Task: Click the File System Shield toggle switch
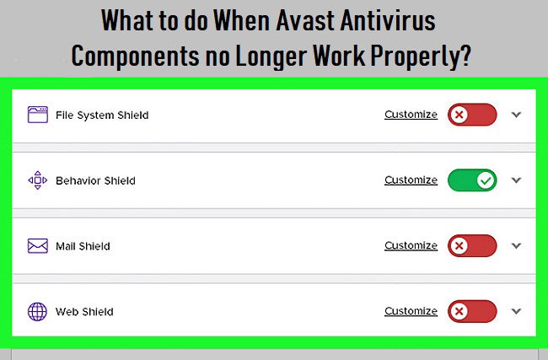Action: [x=472, y=115]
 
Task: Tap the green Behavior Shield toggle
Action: [x=472, y=180]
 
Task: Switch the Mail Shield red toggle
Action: [x=472, y=245]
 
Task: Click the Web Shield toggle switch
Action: [x=472, y=311]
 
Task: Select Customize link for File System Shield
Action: [x=411, y=115]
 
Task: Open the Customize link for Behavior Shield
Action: [x=411, y=180]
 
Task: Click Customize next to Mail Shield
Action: [x=411, y=245]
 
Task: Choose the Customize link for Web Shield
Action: [x=411, y=311]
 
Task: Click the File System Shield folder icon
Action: [x=38, y=115]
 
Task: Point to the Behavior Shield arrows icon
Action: [x=38, y=180]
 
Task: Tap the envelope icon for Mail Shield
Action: [x=38, y=245]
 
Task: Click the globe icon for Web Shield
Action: [x=37, y=311]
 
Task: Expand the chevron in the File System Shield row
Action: [x=517, y=115]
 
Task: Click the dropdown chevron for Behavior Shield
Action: [x=517, y=180]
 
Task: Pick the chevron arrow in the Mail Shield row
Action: [x=517, y=245]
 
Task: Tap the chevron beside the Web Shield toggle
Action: [x=517, y=311]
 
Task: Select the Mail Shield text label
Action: [x=83, y=246]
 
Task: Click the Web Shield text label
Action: [x=84, y=311]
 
